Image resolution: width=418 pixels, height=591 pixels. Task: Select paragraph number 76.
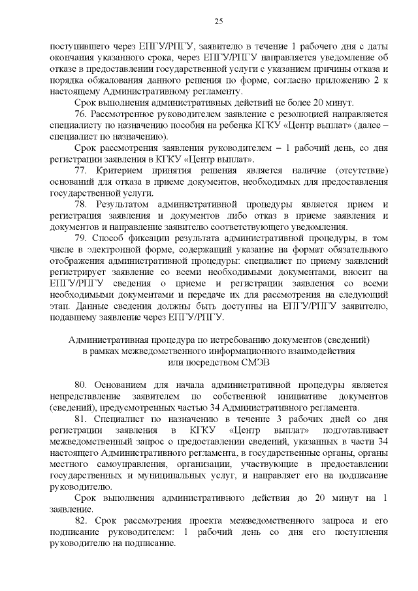point(81,114)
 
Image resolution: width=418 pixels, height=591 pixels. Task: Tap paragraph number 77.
point(81,170)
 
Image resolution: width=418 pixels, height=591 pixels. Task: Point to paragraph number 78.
point(81,204)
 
